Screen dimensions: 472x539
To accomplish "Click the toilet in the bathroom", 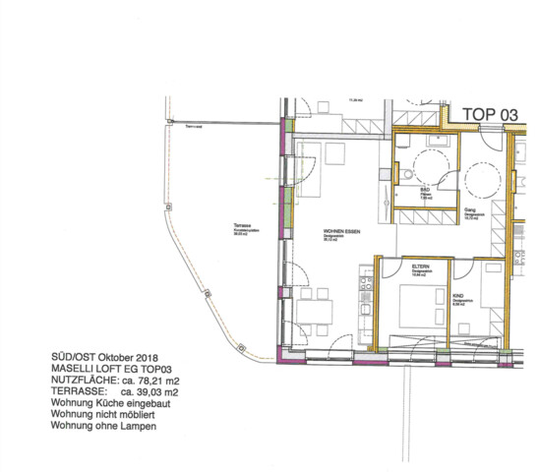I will [407, 175].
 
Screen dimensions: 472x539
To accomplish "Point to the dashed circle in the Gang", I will [483, 180].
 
